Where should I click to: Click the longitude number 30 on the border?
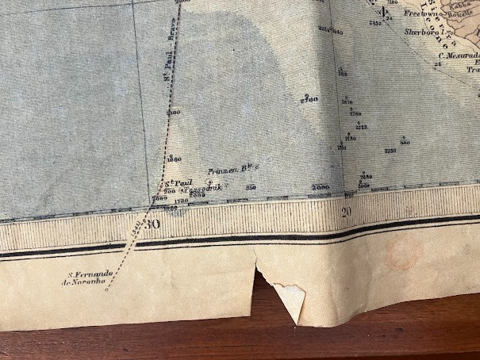tap(152, 224)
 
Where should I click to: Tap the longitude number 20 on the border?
tap(346, 211)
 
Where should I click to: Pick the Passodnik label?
tap(202, 190)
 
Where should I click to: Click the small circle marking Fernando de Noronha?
tap(106, 289)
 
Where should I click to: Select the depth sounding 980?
tap(405, 143)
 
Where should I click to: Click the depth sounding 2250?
tap(390, 150)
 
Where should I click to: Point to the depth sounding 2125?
tap(361, 127)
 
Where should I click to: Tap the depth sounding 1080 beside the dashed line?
tap(174, 159)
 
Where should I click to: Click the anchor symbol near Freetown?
tap(382, 11)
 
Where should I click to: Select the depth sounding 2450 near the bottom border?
tap(364, 183)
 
